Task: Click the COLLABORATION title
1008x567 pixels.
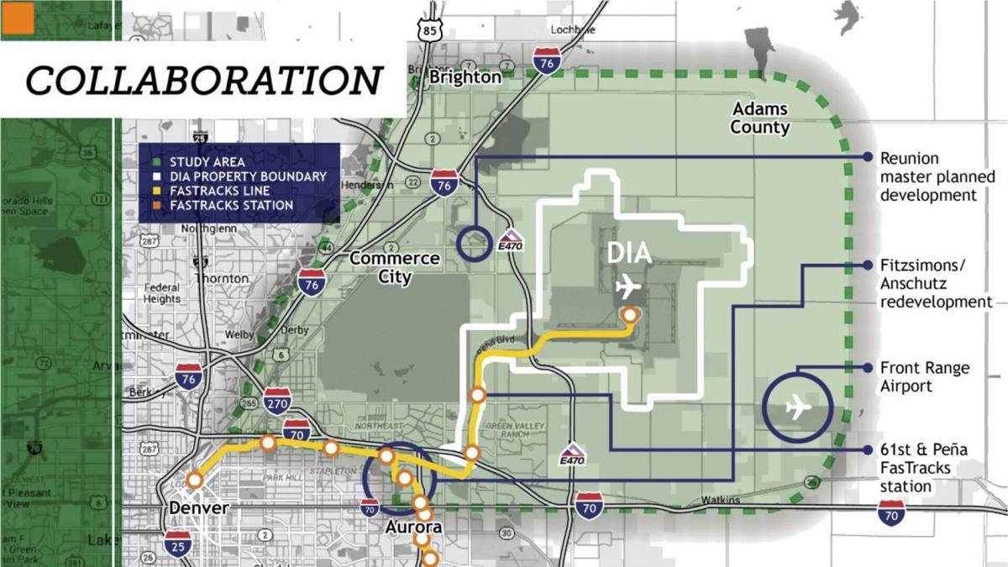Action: click(x=204, y=81)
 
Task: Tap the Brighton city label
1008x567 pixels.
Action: click(x=465, y=77)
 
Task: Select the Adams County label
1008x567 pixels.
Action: click(x=759, y=118)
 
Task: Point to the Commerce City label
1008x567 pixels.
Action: click(x=394, y=266)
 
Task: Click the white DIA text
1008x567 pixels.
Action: click(x=629, y=254)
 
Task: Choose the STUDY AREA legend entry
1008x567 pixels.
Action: click(x=207, y=162)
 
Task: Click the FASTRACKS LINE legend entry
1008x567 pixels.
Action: click(x=219, y=191)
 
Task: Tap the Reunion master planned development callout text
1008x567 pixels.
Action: click(x=937, y=176)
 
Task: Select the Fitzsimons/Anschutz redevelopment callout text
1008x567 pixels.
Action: click(x=937, y=283)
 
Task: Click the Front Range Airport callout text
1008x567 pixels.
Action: click(x=924, y=377)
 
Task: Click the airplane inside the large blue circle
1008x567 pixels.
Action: click(x=796, y=408)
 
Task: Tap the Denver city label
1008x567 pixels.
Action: click(x=199, y=509)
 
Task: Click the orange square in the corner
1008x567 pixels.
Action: click(x=18, y=18)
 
